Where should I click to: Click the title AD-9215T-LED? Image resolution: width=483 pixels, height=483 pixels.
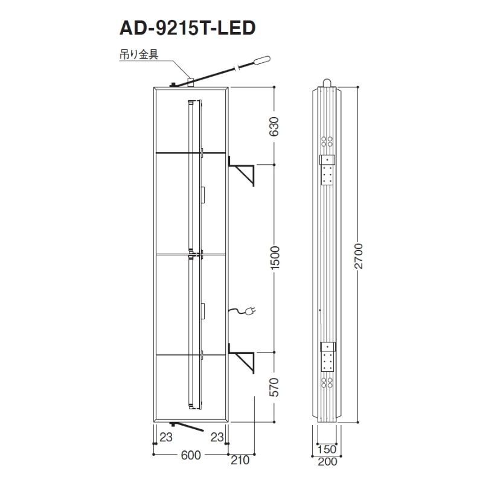click(x=188, y=28)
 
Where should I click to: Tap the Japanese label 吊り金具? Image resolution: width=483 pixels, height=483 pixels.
click(x=139, y=54)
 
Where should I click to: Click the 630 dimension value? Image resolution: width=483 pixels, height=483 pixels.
click(x=274, y=126)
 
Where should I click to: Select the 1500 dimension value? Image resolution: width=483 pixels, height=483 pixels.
click(x=274, y=258)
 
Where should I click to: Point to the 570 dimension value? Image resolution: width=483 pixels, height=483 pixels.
click(x=274, y=387)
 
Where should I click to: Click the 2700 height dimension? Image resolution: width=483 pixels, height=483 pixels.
click(x=358, y=256)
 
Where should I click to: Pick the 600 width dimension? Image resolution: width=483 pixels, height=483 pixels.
click(x=191, y=455)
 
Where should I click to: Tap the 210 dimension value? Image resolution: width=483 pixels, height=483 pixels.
click(x=240, y=460)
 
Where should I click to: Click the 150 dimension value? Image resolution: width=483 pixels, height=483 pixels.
click(x=327, y=449)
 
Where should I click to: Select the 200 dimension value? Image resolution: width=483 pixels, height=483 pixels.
click(x=327, y=461)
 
